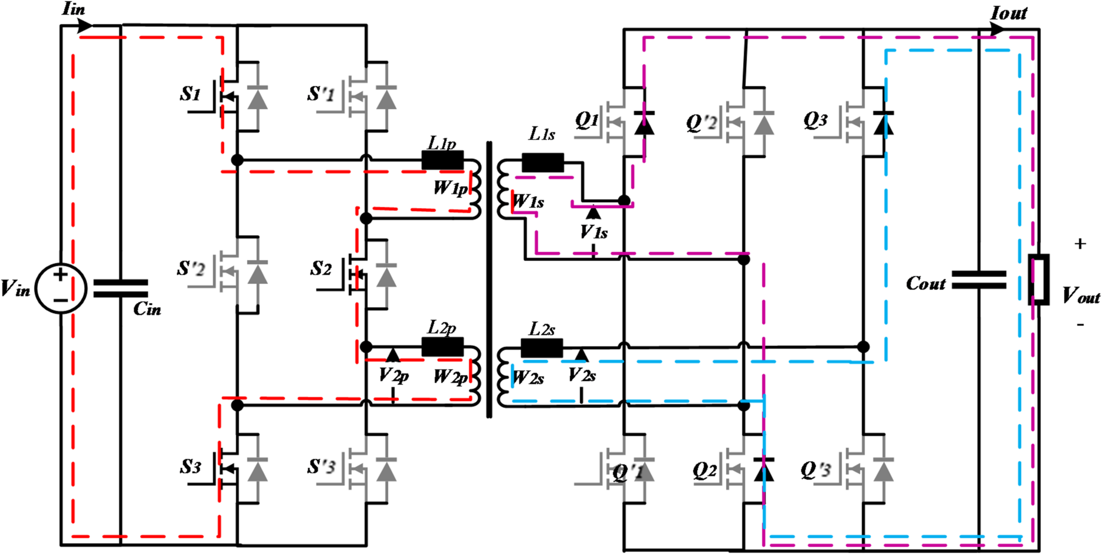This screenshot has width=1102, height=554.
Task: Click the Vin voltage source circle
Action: click(61, 289)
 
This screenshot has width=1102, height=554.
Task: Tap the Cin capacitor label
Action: click(147, 309)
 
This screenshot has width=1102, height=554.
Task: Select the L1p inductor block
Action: click(442, 160)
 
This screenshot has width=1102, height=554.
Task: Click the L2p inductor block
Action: click(442, 347)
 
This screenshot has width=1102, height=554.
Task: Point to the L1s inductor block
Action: click(543, 162)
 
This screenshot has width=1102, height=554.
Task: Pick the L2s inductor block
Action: click(542, 348)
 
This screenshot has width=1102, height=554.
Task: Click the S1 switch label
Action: click(191, 94)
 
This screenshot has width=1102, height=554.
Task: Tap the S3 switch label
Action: click(191, 467)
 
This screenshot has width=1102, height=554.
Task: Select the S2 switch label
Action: click(321, 269)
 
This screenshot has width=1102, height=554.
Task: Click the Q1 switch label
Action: click(587, 120)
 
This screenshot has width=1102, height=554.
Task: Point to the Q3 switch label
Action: click(815, 120)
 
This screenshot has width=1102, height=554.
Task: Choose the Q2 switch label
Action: click(705, 470)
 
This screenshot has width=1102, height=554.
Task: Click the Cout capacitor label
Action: click(926, 284)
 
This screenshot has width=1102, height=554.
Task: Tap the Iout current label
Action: click(1009, 13)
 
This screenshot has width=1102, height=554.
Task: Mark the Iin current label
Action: click(74, 9)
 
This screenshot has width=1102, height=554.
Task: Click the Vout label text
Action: click(1081, 295)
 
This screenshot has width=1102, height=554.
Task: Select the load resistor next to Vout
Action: click(1039, 280)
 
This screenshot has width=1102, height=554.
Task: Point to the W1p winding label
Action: click(451, 188)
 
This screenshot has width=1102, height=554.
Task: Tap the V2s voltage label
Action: click(582, 375)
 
